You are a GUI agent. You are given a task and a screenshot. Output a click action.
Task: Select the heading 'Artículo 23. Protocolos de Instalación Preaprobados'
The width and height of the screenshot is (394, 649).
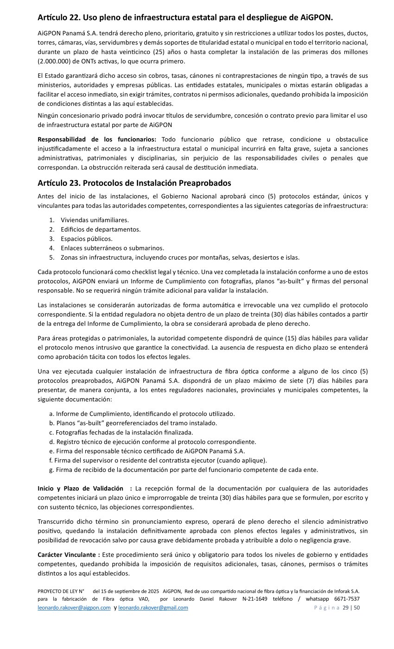[134, 183]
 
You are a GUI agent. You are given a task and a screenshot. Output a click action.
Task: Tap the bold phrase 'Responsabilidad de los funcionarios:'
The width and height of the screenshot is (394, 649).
[97, 140]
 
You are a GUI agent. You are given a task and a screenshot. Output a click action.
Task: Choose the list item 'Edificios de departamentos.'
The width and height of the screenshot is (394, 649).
[101, 229]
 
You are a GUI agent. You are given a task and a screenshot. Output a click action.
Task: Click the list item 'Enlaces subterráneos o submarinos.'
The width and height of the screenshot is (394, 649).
[112, 248]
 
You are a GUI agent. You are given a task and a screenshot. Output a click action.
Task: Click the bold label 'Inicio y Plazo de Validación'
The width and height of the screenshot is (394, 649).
[81, 488]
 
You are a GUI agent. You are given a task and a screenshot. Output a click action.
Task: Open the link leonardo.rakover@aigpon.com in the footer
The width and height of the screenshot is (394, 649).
[74, 608]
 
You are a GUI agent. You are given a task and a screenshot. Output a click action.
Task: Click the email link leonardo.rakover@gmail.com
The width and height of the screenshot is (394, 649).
[153, 608]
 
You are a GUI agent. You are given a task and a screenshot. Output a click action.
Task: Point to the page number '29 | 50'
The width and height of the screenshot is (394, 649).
[351, 608]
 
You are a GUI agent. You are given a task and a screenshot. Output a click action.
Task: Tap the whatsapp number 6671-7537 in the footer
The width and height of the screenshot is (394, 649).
[347, 599]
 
